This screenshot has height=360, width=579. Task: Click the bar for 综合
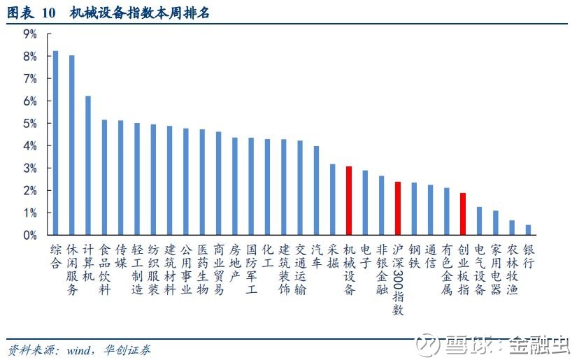click(55, 143)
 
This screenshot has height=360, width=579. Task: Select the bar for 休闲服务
click(71, 145)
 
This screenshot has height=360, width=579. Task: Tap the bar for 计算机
click(88, 166)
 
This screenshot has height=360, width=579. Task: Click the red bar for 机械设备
click(348, 201)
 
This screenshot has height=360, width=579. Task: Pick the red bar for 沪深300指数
click(398, 208)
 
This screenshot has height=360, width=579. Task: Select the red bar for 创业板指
click(463, 214)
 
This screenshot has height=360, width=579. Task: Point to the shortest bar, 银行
click(528, 230)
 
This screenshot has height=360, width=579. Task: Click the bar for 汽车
click(316, 191)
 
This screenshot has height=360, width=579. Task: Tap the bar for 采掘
click(332, 199)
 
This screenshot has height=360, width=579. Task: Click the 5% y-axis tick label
click(30, 124)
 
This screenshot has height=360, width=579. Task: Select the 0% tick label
click(30, 236)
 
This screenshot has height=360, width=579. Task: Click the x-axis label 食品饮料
click(104, 270)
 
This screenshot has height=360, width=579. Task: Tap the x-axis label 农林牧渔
click(512, 270)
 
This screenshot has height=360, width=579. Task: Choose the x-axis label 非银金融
click(381, 270)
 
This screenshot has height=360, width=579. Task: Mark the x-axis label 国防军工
click(251, 270)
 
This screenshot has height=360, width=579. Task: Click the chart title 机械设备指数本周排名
click(140, 13)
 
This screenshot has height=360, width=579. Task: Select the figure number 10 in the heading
click(48, 13)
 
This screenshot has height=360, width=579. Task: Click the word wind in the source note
click(78, 350)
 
